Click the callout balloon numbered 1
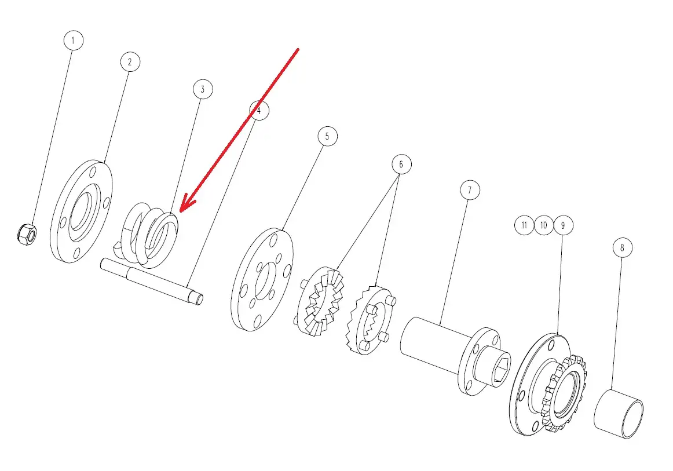pos(74,41)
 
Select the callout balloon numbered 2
pos(130,62)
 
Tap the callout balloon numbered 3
pos(203,89)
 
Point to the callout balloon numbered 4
pos(259,110)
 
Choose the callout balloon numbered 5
pos(327,136)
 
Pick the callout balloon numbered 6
pos(401,164)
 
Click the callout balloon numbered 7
pos(470,190)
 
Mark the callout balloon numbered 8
pos(623,247)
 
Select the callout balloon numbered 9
pos(563,225)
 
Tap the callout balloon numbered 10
pos(544,225)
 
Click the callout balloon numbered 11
pos(524,225)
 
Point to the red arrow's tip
pos(180,211)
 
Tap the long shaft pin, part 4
pos(152,281)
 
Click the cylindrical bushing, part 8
pos(619,414)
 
